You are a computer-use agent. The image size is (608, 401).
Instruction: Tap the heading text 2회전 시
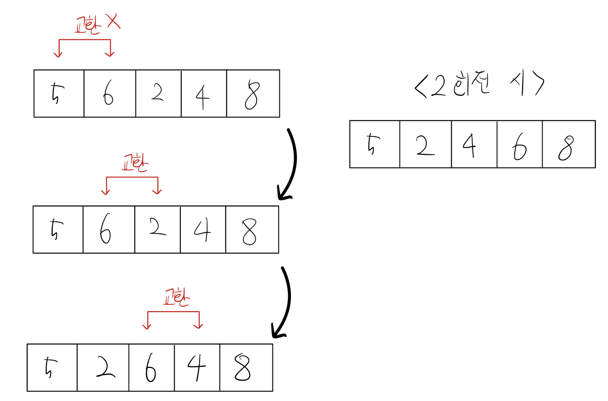pyautogui.click(x=479, y=84)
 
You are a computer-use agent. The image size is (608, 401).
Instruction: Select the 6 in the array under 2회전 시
pyautogui.click(x=520, y=147)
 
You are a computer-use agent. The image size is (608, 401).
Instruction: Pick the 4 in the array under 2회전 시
pyautogui.click(x=469, y=145)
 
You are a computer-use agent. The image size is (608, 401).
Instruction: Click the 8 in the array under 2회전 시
pyautogui.click(x=566, y=147)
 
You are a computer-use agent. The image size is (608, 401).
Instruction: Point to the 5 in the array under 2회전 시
pyautogui.click(x=373, y=144)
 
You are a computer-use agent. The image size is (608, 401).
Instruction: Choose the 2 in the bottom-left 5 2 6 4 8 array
pyautogui.click(x=105, y=368)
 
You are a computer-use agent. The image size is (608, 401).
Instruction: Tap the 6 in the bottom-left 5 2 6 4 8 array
pyautogui.click(x=151, y=368)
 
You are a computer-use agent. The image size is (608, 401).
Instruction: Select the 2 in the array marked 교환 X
pyautogui.click(x=157, y=92)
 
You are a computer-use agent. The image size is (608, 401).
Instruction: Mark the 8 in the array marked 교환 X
pyautogui.click(x=252, y=95)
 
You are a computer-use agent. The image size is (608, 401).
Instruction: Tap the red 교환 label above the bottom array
pyautogui.click(x=177, y=297)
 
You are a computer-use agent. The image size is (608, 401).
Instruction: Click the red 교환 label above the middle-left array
pyautogui.click(x=135, y=163)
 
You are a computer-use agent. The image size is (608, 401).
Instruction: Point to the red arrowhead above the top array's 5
pyautogui.click(x=59, y=54)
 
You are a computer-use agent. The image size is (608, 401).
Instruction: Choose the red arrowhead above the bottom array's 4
pyautogui.click(x=198, y=326)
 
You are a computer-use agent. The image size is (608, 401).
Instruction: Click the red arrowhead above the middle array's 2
pyautogui.click(x=158, y=192)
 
